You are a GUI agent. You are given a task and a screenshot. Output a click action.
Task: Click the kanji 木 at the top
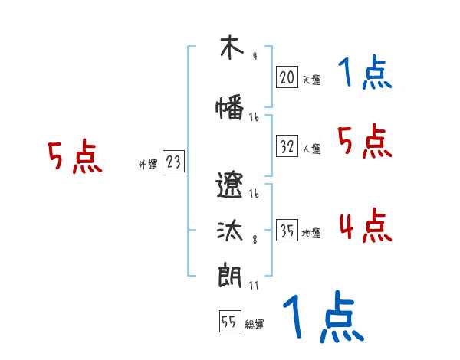pyautogui.click(x=228, y=48)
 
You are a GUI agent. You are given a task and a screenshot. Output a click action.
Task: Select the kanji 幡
pyautogui.click(x=229, y=108)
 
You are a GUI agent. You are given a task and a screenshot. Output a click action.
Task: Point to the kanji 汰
pyautogui.click(x=229, y=232)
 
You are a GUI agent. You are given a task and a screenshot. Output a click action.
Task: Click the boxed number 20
pyautogui.click(x=287, y=77)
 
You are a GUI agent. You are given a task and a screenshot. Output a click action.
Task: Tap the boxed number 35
pyautogui.click(x=287, y=231)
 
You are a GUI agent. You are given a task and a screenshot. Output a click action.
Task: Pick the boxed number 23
pyautogui.click(x=173, y=162)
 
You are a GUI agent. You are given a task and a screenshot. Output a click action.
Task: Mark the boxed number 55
pyautogui.click(x=229, y=322)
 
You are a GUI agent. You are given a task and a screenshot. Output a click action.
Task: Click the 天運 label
pyautogui.click(x=311, y=79)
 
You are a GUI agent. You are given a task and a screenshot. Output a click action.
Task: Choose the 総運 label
pyautogui.click(x=255, y=325)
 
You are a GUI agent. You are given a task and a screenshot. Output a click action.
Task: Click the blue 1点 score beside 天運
pyautogui.click(x=364, y=74)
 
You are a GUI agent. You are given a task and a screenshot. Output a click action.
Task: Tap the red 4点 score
pyautogui.click(x=364, y=227)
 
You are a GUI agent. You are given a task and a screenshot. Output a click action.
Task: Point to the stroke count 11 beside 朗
pyautogui.click(x=255, y=285)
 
